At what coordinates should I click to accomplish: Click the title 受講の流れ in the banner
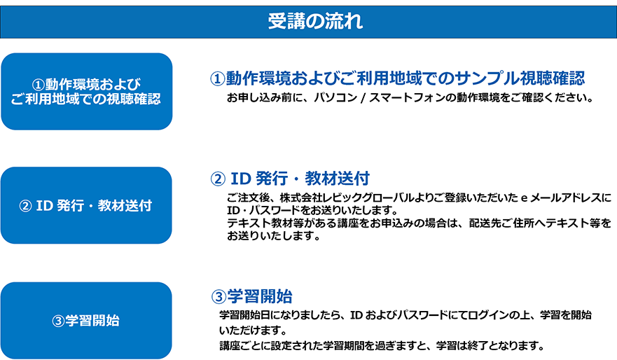(315, 21)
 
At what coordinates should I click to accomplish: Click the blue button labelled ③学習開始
(86, 320)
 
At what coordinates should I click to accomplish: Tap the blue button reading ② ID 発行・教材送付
(86, 205)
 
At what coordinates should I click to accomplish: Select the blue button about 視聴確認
(87, 91)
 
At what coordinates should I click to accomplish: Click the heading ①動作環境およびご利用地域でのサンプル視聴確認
(397, 78)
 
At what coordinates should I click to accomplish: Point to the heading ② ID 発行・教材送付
(290, 179)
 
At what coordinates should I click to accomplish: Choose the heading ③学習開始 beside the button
(252, 296)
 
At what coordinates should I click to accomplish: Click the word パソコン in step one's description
(335, 97)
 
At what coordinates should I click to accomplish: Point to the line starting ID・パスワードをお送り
(313, 210)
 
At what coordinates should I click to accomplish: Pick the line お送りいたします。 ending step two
(273, 236)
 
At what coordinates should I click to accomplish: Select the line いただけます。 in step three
(253, 330)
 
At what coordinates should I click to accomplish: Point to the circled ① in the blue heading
(217, 78)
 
